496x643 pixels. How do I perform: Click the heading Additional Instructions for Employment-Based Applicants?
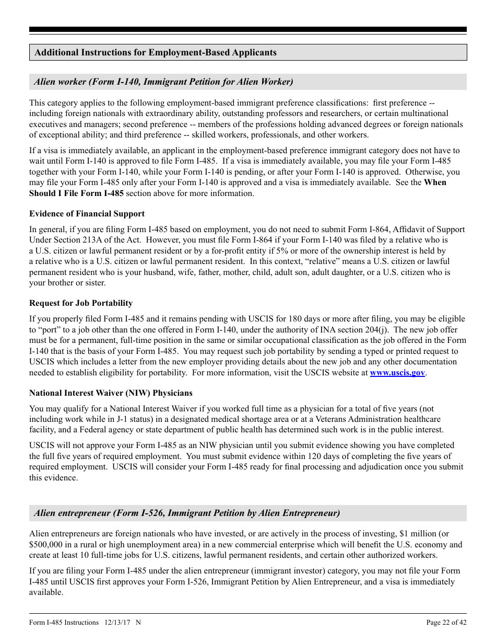[156, 52]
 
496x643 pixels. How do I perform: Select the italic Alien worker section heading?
[163, 82]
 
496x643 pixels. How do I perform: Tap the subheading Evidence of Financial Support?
[87, 213]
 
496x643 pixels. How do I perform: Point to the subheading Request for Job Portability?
[81, 303]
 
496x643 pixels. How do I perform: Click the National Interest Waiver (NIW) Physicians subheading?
[111, 393]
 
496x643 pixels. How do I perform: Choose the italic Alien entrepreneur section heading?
[187, 513]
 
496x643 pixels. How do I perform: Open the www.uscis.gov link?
[397, 373]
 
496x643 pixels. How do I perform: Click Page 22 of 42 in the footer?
[446, 622]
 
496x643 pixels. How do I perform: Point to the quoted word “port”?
[50, 330]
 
